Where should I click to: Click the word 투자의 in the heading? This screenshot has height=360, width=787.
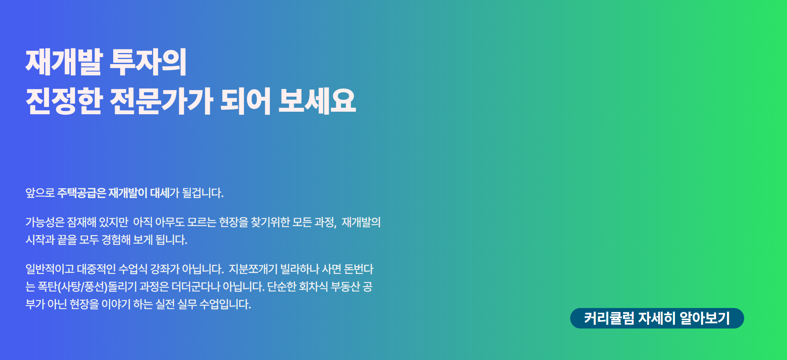[x=148, y=62]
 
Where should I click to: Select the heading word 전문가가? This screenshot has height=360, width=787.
[x=162, y=101]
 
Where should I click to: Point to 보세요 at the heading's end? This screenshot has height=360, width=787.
[x=317, y=101]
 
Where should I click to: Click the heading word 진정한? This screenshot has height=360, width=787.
[x=64, y=101]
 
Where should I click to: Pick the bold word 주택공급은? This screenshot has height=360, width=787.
[x=81, y=193]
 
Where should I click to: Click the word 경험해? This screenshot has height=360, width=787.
[x=116, y=240]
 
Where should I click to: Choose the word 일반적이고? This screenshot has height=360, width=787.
[x=50, y=269]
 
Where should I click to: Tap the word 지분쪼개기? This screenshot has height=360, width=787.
[x=253, y=269]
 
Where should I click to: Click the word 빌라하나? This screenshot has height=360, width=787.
[x=300, y=269]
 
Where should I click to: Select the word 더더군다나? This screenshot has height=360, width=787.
[x=196, y=287]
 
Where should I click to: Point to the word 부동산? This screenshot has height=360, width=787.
[x=346, y=287]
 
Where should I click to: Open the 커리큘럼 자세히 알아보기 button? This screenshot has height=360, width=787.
[x=657, y=318]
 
